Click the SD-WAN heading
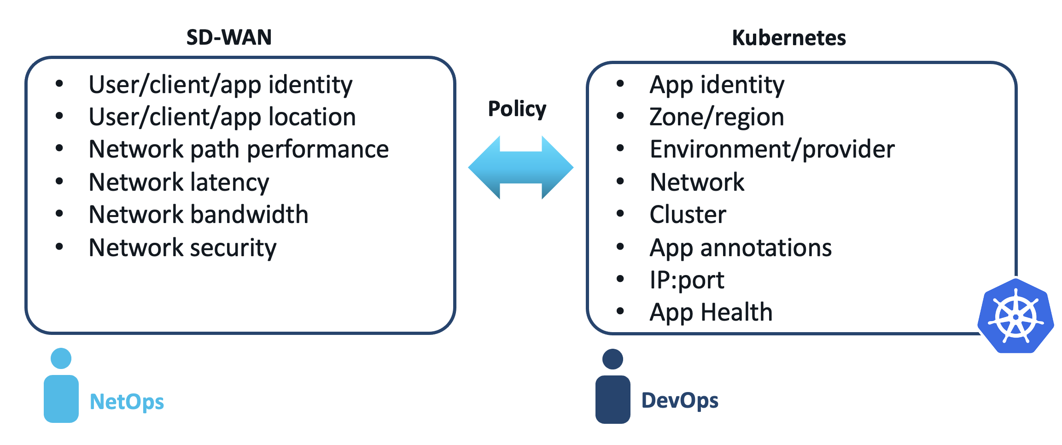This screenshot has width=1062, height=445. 229,37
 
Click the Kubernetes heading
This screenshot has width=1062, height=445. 788,38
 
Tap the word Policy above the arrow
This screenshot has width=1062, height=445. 517,109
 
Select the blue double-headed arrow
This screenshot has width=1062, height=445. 520,168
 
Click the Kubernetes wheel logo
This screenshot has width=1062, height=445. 1015,316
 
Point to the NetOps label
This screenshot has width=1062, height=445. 127,402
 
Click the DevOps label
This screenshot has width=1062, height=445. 680,400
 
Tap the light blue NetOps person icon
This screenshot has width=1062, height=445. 61,387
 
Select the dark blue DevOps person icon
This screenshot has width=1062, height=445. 613,388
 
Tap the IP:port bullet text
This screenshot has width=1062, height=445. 687,280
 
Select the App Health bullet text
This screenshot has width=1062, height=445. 711,312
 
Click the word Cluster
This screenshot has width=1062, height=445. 688,215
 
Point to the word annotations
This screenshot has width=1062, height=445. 766,248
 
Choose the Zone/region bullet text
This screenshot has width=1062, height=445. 717,117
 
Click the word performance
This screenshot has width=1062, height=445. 318,150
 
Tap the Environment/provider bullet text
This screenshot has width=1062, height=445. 772,150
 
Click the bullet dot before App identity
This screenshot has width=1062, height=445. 620,84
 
